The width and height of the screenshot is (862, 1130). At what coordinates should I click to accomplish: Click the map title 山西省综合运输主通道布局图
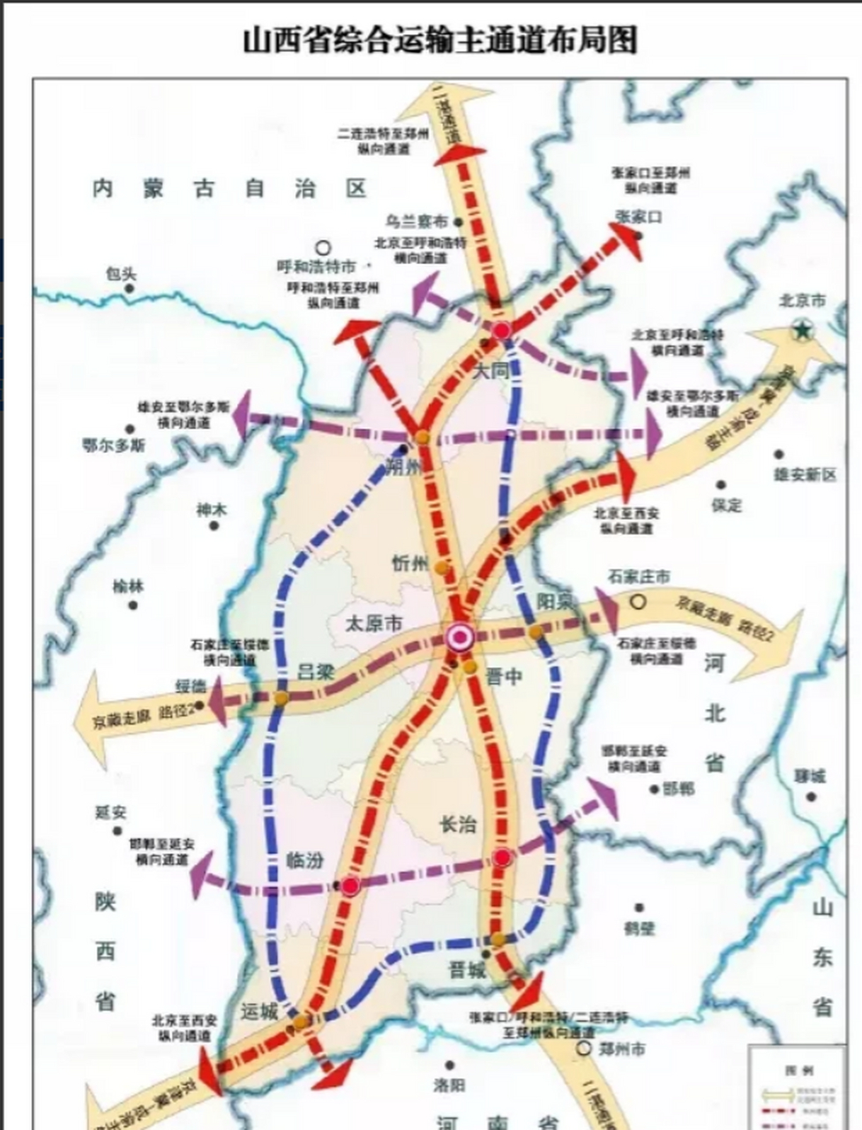coord(439,40)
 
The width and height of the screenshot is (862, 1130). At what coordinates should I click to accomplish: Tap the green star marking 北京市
coord(801,330)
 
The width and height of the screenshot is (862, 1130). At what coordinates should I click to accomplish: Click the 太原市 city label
coord(373,623)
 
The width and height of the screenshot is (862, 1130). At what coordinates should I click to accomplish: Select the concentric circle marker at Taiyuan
coord(460,636)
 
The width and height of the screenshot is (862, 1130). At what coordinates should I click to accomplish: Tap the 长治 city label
coord(458,825)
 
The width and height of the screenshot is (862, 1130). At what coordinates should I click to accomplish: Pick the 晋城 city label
coord(467,970)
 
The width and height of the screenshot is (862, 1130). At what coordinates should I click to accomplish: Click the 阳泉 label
coord(555,601)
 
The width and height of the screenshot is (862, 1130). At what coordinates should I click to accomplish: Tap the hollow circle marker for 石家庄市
coord(638,602)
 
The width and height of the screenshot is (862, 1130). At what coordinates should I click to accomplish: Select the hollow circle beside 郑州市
coord(583,1049)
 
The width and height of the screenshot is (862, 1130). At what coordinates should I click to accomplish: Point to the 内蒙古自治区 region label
coord(229,188)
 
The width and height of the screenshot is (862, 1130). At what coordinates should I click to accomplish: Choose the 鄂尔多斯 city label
coord(114,445)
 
